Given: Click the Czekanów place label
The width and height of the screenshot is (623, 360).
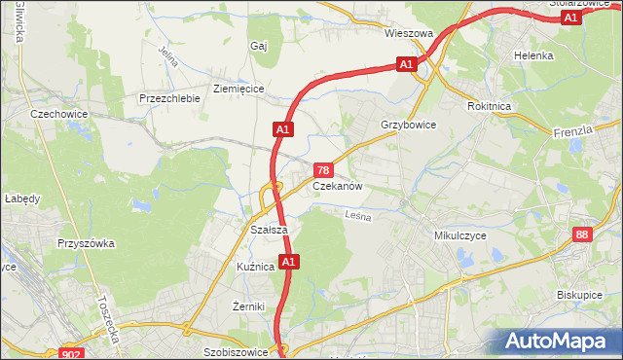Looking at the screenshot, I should (338, 186).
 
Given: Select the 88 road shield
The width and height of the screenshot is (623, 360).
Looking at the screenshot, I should (582, 234).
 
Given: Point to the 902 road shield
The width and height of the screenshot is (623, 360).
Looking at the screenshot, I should (71, 354).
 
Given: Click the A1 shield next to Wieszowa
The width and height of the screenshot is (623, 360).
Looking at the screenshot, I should (407, 64).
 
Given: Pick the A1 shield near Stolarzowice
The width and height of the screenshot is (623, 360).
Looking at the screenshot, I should (571, 18).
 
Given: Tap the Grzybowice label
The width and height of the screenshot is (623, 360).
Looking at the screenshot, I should (408, 126).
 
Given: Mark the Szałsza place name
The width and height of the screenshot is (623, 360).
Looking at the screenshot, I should (268, 230).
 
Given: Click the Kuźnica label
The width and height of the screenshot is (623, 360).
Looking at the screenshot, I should (255, 266).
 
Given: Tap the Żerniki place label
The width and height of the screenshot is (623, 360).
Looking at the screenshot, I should (250, 306).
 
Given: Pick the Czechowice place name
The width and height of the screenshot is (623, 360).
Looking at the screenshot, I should (59, 113).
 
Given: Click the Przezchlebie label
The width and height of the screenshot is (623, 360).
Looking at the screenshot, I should (169, 98).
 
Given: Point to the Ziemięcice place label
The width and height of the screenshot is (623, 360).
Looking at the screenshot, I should (238, 89).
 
